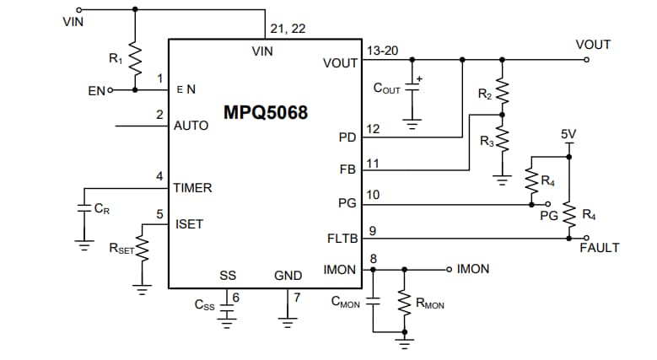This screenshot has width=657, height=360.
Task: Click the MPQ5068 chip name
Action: tap(266, 112)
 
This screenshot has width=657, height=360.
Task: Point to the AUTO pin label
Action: tap(191, 126)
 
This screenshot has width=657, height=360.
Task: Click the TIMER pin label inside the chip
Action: tap(192, 187)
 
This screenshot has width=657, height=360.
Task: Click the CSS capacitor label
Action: tap(204, 305)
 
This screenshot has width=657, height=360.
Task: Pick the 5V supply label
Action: tap(568, 134)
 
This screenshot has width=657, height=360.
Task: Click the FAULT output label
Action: tap(599, 248)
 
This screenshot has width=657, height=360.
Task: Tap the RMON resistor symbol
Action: tap(404, 301)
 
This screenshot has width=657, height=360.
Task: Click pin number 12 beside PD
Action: tap(373, 128)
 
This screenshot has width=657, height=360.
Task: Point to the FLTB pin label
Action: tap(342, 239)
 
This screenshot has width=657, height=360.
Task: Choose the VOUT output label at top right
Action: tap(592, 45)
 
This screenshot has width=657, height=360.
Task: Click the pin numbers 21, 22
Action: tap(288, 29)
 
